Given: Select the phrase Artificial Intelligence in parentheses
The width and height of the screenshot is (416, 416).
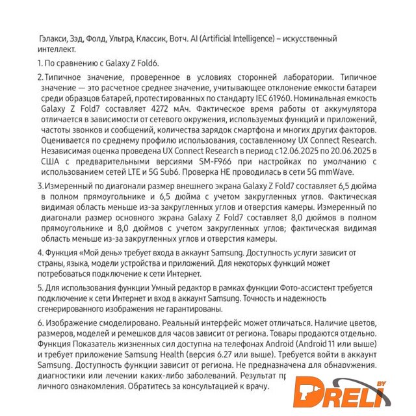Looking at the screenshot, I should click(231, 39).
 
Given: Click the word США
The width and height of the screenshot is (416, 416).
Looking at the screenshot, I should click(53, 160).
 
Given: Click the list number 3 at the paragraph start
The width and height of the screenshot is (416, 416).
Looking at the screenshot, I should click(39, 186).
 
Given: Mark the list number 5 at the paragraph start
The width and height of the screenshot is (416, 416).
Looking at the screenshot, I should click(39, 287).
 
